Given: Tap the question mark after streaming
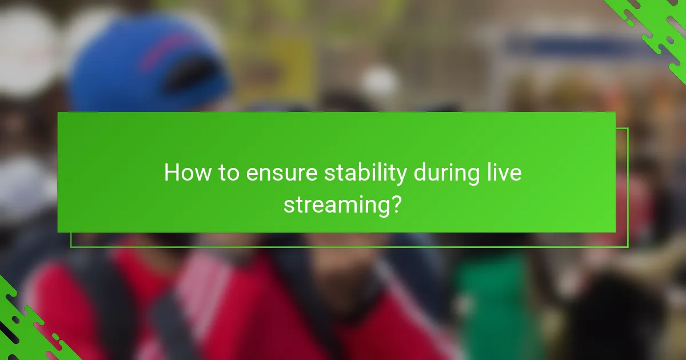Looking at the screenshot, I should (x=396, y=203).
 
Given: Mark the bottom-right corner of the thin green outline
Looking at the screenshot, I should (x=628, y=247).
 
